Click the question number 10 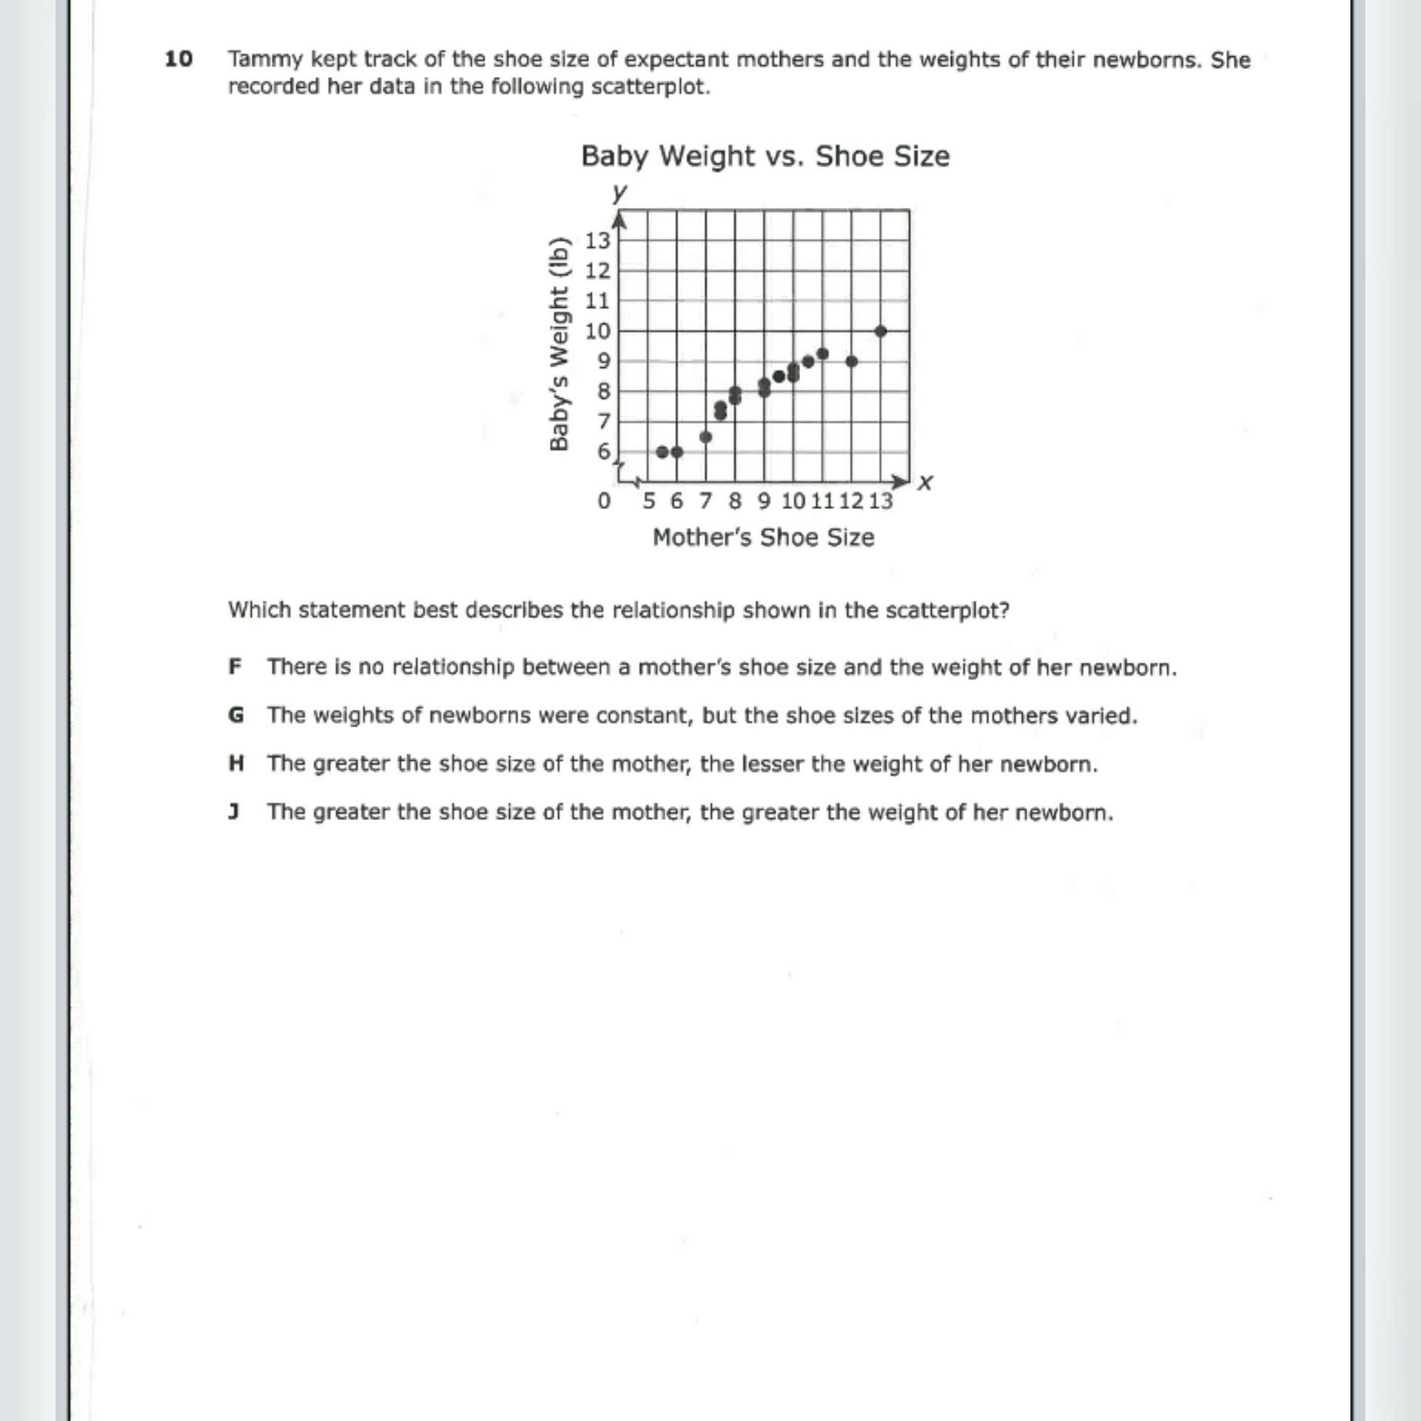178,59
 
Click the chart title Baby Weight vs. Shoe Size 765,156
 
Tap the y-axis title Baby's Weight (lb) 560,344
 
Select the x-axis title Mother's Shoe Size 763,537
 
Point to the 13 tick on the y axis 597,241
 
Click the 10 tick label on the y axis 597,331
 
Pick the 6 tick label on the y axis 604,451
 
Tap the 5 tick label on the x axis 648,501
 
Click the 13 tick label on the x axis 880,501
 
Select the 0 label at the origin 604,501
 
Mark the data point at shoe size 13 880,331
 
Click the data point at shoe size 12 851,361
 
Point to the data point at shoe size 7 705,437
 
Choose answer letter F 235,667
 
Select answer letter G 235,715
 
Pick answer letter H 235,763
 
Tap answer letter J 234,812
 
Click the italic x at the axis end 924,483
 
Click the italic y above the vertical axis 619,193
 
